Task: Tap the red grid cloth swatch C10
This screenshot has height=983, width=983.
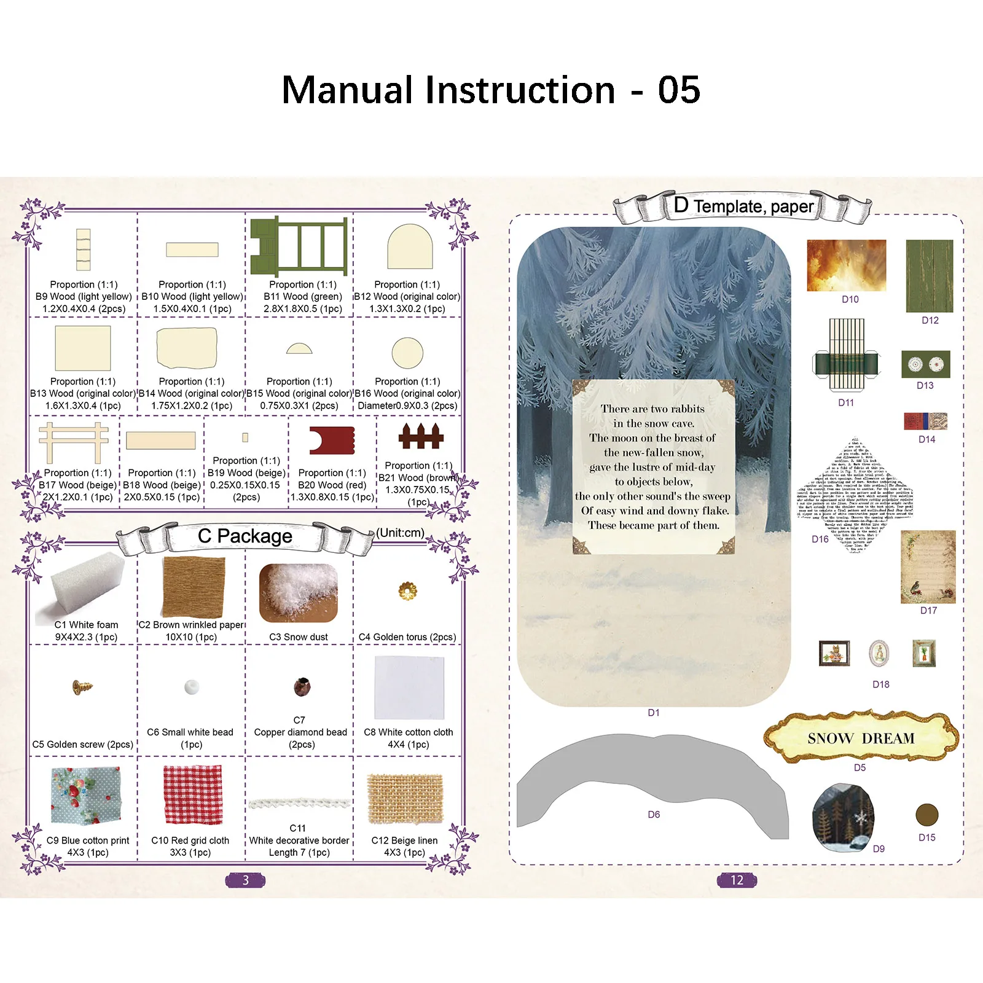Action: coord(192,794)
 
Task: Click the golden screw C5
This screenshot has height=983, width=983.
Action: coord(83,687)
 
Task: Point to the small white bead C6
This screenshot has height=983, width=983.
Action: coord(192,687)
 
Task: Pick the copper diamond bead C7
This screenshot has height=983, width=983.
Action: coord(302,686)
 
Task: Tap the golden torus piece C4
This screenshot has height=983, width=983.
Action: coord(407,591)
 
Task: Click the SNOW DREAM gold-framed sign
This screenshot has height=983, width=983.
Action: coord(860,737)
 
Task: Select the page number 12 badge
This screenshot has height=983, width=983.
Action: coord(737,880)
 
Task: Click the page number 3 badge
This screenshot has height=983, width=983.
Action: coord(245,880)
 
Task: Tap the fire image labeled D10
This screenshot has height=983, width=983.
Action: coord(846,265)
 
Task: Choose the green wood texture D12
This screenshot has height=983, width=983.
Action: coord(929,276)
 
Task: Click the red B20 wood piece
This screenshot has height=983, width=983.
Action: coord(332,440)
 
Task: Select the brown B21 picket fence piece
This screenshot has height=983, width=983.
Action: coord(421,436)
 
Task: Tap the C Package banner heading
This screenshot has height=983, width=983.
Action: coord(245,536)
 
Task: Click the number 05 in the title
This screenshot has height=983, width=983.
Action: coord(679,90)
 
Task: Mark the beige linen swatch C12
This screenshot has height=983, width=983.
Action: coord(405,797)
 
